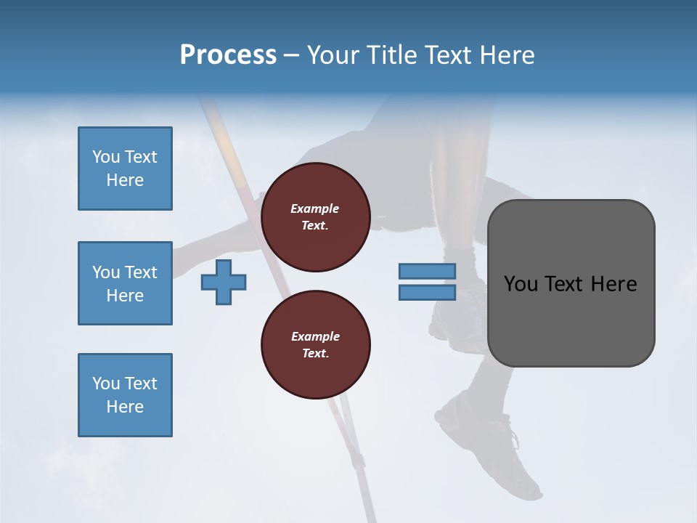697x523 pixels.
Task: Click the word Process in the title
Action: [228, 55]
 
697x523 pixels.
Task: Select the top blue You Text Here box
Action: [125, 169]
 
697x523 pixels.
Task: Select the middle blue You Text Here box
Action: [125, 283]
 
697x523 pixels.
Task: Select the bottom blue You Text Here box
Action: [125, 395]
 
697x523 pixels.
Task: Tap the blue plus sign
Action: [224, 282]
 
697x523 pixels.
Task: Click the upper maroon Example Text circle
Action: [315, 217]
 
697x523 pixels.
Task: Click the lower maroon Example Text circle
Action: [315, 345]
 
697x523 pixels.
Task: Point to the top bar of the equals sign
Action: [427, 271]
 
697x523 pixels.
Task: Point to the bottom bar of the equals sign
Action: [427, 293]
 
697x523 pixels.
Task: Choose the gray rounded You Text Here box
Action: [571, 283]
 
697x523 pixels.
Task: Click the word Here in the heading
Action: [507, 55]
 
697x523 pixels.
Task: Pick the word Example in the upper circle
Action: [315, 208]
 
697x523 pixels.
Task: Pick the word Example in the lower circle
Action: [315, 336]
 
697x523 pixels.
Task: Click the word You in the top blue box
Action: [105, 157]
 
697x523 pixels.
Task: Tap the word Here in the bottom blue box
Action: [125, 407]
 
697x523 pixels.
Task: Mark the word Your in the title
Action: [330, 55]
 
